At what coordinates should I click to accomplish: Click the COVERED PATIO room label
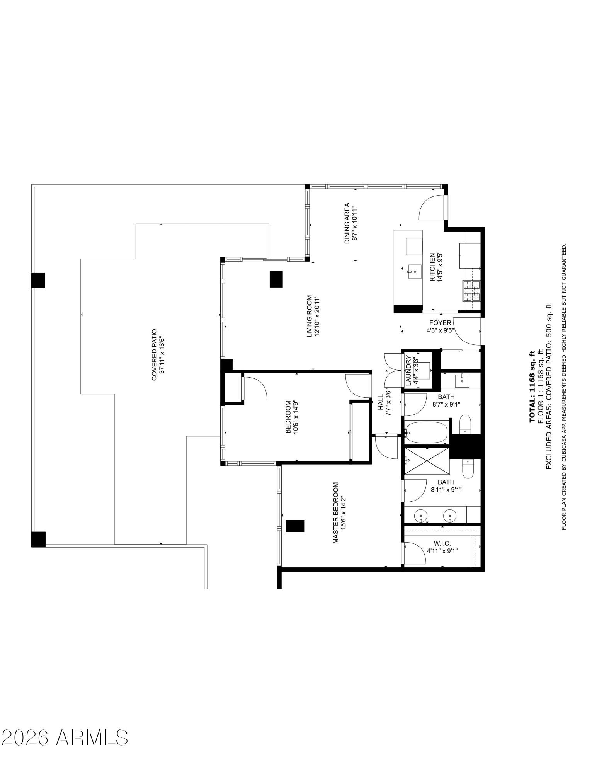pos(154,355)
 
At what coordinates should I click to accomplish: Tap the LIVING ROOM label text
pos(309,316)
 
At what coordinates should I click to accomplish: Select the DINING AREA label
pos(347,223)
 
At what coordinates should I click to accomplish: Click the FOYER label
pos(440,323)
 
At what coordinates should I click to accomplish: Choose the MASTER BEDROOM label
pos(335,512)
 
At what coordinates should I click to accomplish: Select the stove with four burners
pos(471,291)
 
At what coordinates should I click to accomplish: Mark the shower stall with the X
pos(427,461)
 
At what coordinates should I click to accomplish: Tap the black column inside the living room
pos(276,279)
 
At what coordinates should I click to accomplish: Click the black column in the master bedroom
pos(295,526)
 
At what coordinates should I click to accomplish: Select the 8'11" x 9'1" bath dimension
pos(446,489)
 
